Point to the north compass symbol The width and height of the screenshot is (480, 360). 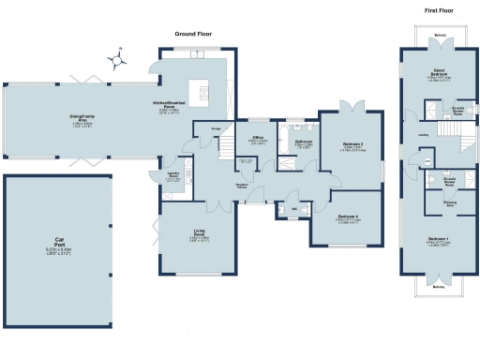[118, 61]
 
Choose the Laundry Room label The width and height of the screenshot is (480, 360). [173, 175]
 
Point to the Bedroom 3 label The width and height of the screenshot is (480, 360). [352, 143]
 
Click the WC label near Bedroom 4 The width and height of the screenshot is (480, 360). [293, 208]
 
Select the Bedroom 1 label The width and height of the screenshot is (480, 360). [438, 240]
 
